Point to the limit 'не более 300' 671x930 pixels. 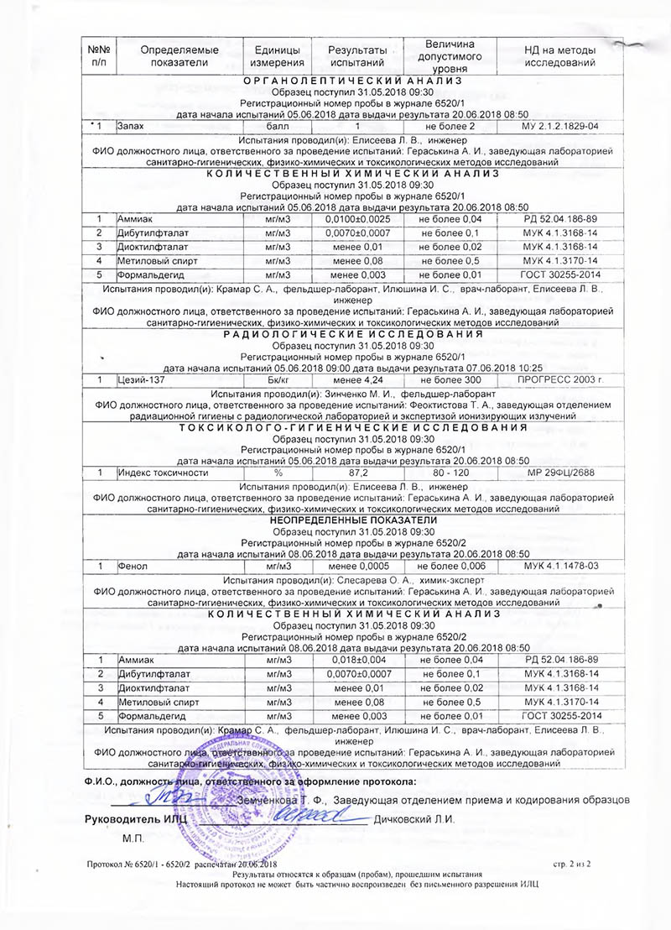[x=450, y=379]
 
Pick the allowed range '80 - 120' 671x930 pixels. [x=450, y=473]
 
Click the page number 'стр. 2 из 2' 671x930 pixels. [x=573, y=863]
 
